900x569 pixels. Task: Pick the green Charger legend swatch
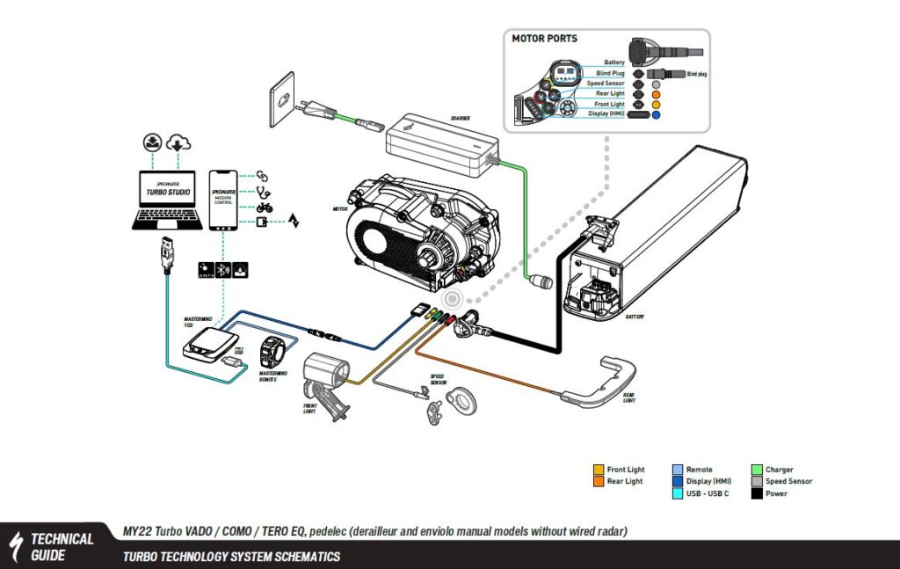[x=757, y=470]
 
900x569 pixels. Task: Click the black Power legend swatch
[x=757, y=493]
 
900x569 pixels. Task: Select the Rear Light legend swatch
[x=599, y=481]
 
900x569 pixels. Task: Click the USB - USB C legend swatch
[x=678, y=493]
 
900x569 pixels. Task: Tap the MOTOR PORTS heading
[x=546, y=39]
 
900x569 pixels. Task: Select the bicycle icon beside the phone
[x=263, y=208]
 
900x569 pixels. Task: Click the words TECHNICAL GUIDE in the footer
[x=62, y=546]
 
